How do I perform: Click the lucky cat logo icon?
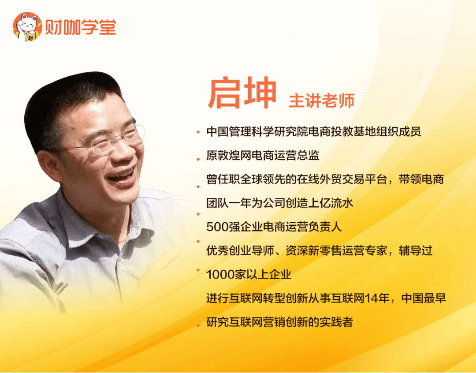(x=27, y=27)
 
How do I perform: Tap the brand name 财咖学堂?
(x=81, y=28)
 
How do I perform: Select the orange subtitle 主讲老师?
(x=321, y=101)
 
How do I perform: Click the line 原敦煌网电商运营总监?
(x=263, y=155)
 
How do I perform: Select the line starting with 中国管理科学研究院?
(x=314, y=131)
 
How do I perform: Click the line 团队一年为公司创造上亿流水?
(x=279, y=203)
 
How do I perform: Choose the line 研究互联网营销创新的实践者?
(x=279, y=322)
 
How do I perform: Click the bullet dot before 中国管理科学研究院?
(x=198, y=132)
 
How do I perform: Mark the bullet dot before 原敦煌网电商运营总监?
(x=198, y=159)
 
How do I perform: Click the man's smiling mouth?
(x=122, y=177)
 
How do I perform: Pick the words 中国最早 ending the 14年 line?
(x=424, y=298)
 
